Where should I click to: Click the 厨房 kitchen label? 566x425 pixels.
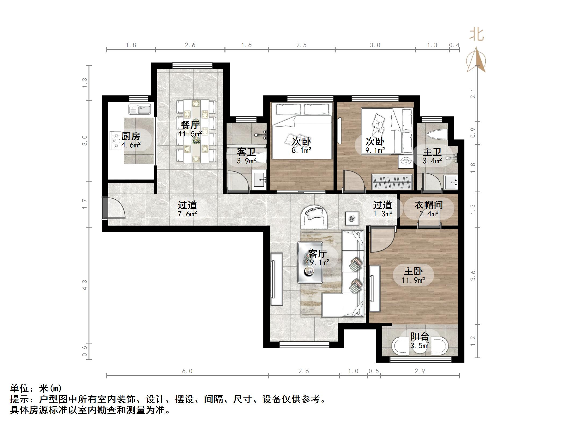point(131,136)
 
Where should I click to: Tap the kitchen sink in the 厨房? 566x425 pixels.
point(140,109)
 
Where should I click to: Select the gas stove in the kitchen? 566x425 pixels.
point(116,140)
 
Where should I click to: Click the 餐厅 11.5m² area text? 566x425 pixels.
point(190,134)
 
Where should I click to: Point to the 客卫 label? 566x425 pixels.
point(246,152)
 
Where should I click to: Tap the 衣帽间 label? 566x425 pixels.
point(429,205)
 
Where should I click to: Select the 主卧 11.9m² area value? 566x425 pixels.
point(413,280)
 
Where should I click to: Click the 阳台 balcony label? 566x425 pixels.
point(420,337)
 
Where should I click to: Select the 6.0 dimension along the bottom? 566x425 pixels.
point(187,371)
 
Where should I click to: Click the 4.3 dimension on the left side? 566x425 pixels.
point(85,285)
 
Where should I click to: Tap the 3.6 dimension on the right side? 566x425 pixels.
point(473,276)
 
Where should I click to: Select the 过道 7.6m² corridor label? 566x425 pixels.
point(187,209)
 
